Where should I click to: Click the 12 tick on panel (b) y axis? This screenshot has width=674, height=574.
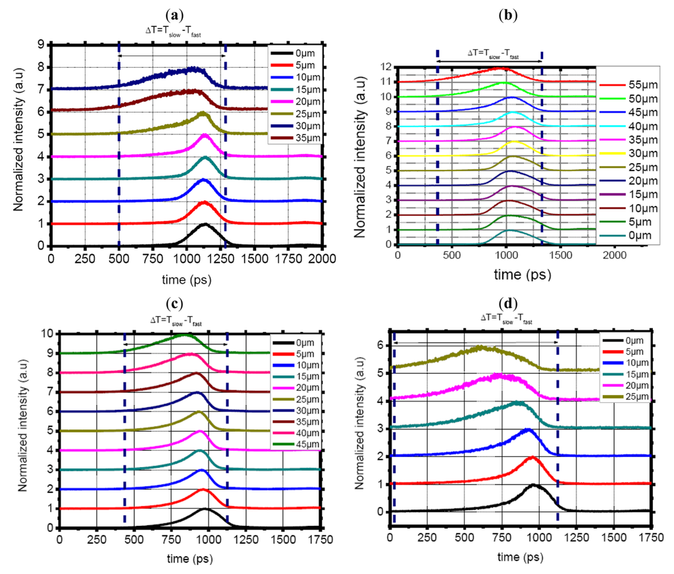coord(383,67)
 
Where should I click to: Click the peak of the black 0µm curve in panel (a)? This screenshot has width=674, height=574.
coord(204,224)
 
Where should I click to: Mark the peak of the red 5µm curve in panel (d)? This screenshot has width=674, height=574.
coord(532,457)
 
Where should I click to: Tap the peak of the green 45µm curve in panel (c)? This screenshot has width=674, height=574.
coord(183,334)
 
